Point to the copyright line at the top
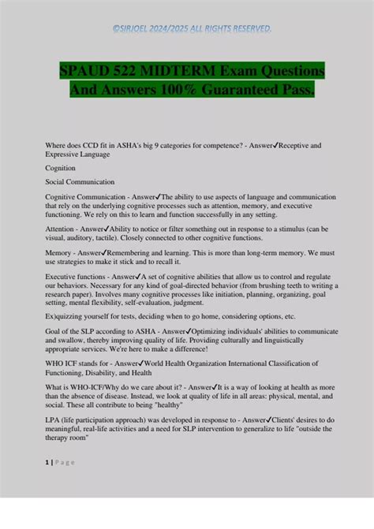[x=186, y=30]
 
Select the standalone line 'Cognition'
[x=60, y=168]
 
